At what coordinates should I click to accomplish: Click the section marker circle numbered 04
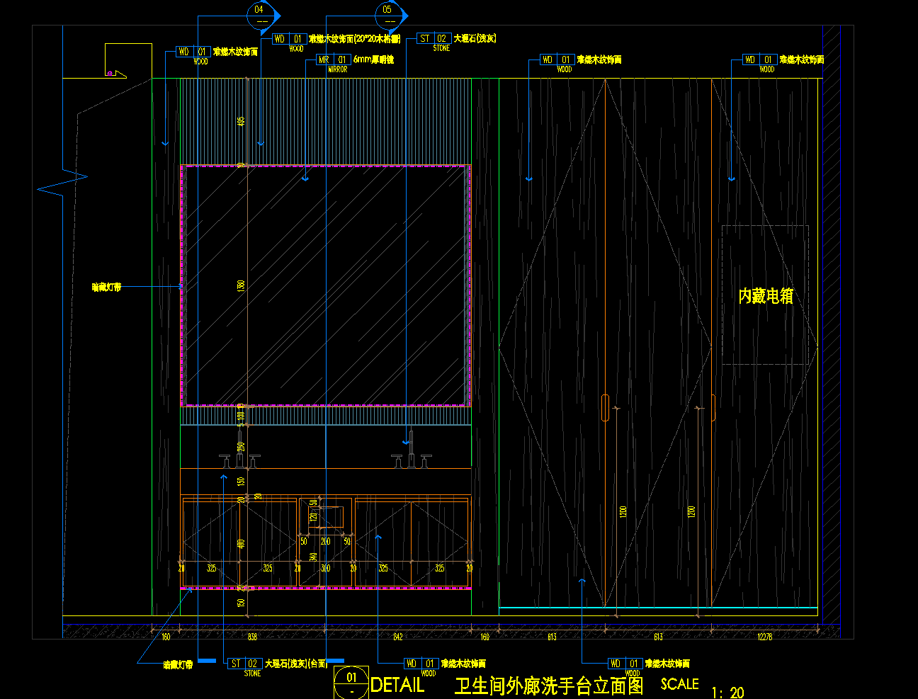coord(259,15)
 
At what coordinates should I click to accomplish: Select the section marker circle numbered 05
coord(387,15)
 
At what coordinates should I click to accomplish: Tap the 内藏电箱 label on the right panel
coord(766,296)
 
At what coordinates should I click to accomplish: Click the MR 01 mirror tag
coord(333,60)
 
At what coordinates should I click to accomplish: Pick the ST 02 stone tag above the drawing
coord(433,39)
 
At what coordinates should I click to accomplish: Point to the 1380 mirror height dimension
coord(241,286)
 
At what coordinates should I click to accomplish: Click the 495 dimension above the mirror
coord(241,121)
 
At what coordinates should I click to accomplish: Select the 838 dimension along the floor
coord(252,637)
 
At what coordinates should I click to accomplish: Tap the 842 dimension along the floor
coord(398,637)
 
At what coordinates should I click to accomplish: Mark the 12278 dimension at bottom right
coord(765,637)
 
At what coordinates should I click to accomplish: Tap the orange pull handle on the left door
coord(605,408)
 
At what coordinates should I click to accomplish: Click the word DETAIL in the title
coord(397,685)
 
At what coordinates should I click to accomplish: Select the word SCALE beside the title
coord(679,684)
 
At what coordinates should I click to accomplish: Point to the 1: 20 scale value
coord(727,692)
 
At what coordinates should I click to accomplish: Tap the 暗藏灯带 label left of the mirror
coord(106,288)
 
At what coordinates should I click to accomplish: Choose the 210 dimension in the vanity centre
coord(325,542)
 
